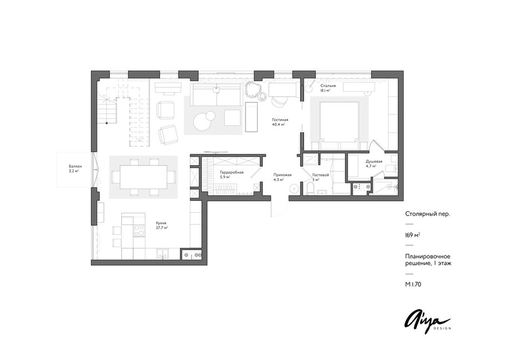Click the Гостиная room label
(280, 120)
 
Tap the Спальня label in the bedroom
(328, 86)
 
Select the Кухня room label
(161, 223)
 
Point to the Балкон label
(76, 166)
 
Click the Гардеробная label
(232, 173)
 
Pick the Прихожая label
(282, 174)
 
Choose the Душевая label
(374, 162)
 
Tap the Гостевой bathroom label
(320, 175)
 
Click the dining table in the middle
(143, 177)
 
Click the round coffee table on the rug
(202, 121)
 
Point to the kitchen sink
(163, 254)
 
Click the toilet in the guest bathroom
(310, 188)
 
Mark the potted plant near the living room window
(255, 90)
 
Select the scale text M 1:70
(413, 284)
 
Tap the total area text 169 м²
(412, 235)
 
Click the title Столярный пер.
(428, 214)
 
